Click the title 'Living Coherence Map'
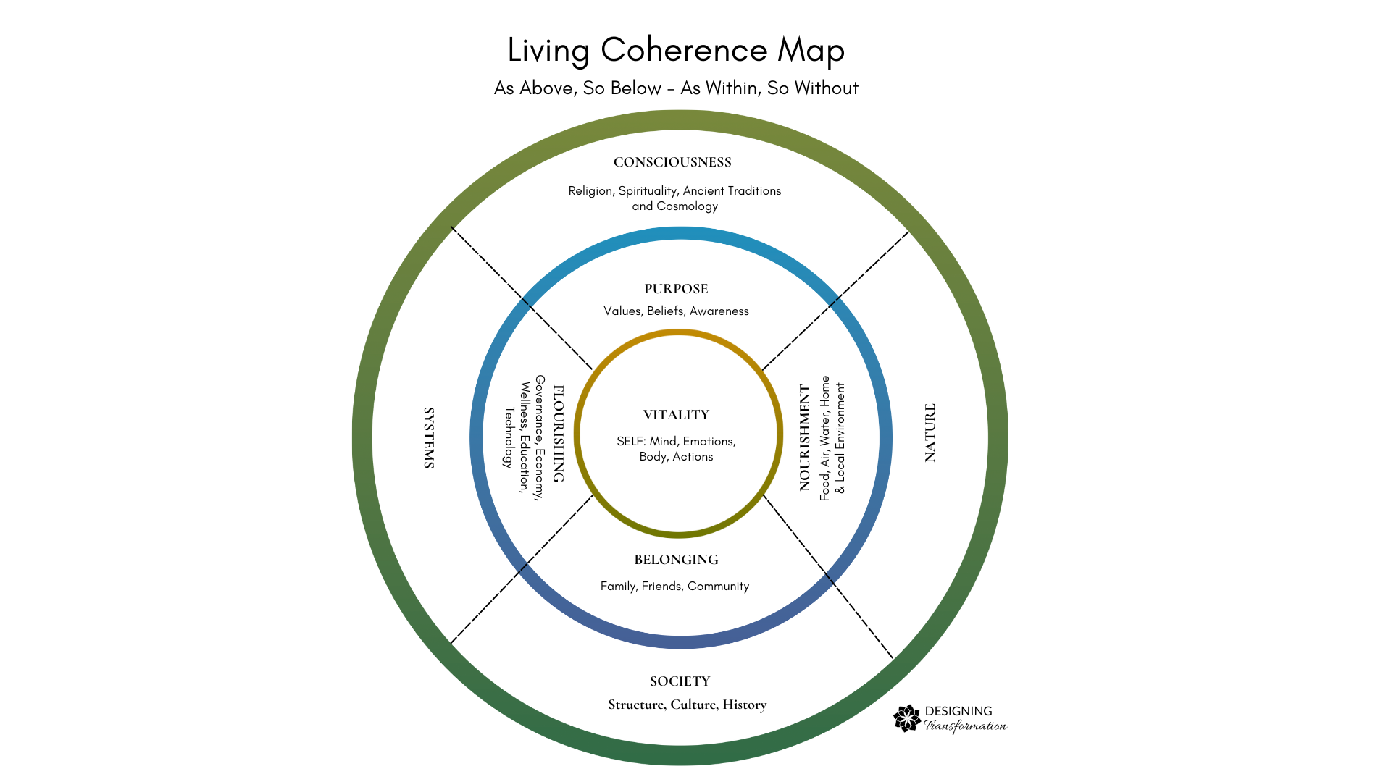click(675, 51)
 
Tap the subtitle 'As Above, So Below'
click(577, 88)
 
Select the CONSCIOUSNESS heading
click(672, 162)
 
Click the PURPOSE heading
click(676, 289)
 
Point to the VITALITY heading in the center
click(676, 415)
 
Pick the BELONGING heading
click(676, 560)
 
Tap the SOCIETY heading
click(680, 681)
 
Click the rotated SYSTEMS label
click(429, 437)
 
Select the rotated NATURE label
click(930, 432)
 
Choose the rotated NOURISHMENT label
click(805, 437)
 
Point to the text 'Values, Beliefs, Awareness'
click(676, 311)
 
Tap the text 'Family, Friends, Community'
click(674, 586)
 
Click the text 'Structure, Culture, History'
click(687, 705)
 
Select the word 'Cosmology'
click(687, 206)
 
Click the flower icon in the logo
click(907, 718)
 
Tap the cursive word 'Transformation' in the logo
click(966, 726)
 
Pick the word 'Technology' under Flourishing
click(509, 437)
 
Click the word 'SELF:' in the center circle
click(630, 442)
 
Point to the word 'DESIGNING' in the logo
click(958, 711)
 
